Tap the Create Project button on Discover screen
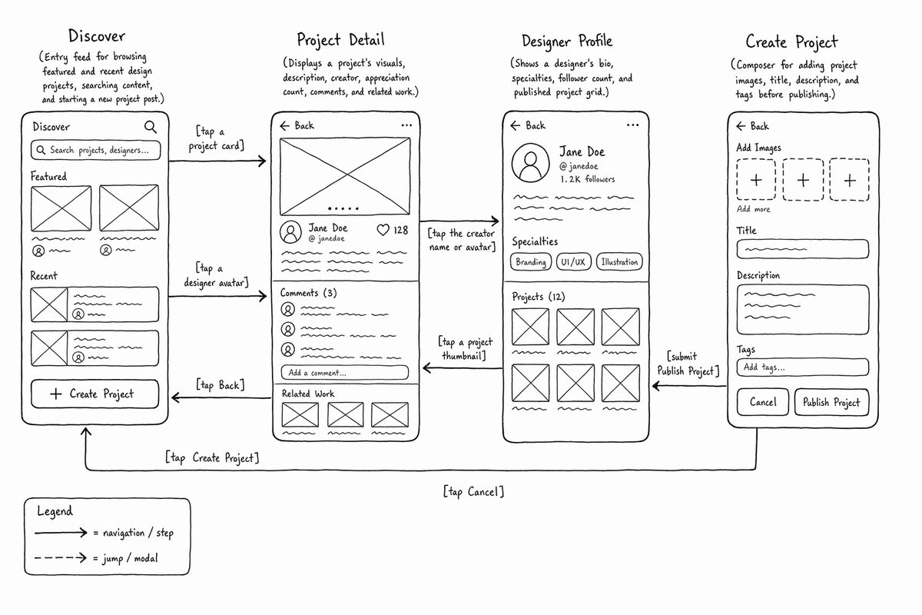coord(95,394)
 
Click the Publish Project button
coord(831,402)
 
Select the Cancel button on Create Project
coord(763,402)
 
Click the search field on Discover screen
coord(95,150)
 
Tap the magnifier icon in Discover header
coord(151,127)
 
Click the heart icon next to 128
coord(383,230)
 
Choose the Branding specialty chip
coord(531,262)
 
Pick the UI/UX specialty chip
coord(573,262)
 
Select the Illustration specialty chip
coord(619,262)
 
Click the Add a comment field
coord(345,372)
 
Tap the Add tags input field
coord(803,367)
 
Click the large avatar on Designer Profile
coord(530,163)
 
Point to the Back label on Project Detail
coord(304,125)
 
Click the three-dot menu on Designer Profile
coord(632,125)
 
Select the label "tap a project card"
coord(217,138)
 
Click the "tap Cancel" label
coord(473,491)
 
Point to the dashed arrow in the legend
coord(61,558)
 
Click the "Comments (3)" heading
coord(308,293)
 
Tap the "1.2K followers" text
coord(587,179)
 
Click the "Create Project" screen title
coord(791,42)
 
